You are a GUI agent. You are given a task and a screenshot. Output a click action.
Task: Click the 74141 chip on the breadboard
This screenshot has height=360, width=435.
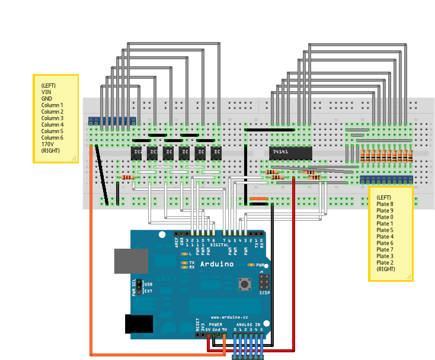[290, 152]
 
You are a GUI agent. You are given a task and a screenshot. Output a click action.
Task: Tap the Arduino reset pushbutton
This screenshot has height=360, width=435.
[244, 285]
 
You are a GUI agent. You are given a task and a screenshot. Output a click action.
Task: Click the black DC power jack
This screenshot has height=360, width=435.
[139, 324]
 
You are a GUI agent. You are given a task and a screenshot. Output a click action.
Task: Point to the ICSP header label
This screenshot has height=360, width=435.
[264, 293]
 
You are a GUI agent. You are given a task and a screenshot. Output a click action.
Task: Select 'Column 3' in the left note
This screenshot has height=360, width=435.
[52, 118]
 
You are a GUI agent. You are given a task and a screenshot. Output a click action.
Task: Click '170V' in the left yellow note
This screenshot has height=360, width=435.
[47, 144]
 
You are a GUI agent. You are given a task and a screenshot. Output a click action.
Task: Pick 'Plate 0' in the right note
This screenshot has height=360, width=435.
[385, 217]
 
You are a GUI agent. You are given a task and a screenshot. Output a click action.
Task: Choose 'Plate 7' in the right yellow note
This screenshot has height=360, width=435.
[385, 249]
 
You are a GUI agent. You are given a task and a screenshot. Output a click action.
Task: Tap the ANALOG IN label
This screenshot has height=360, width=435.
[249, 325]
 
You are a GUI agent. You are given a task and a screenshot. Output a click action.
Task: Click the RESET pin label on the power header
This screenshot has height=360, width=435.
[197, 324]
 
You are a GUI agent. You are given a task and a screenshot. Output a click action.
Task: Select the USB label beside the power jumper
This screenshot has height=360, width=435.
[148, 284]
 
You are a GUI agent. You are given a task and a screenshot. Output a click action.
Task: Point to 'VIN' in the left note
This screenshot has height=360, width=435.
[46, 92]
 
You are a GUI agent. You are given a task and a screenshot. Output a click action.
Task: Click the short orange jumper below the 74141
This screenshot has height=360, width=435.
[259, 198]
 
